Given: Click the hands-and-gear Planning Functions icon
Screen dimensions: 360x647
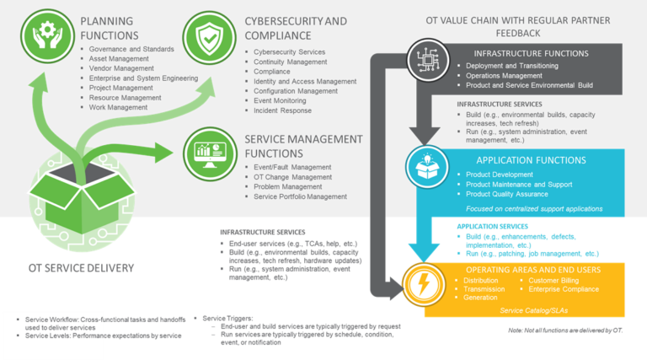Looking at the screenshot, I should click(x=44, y=36).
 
